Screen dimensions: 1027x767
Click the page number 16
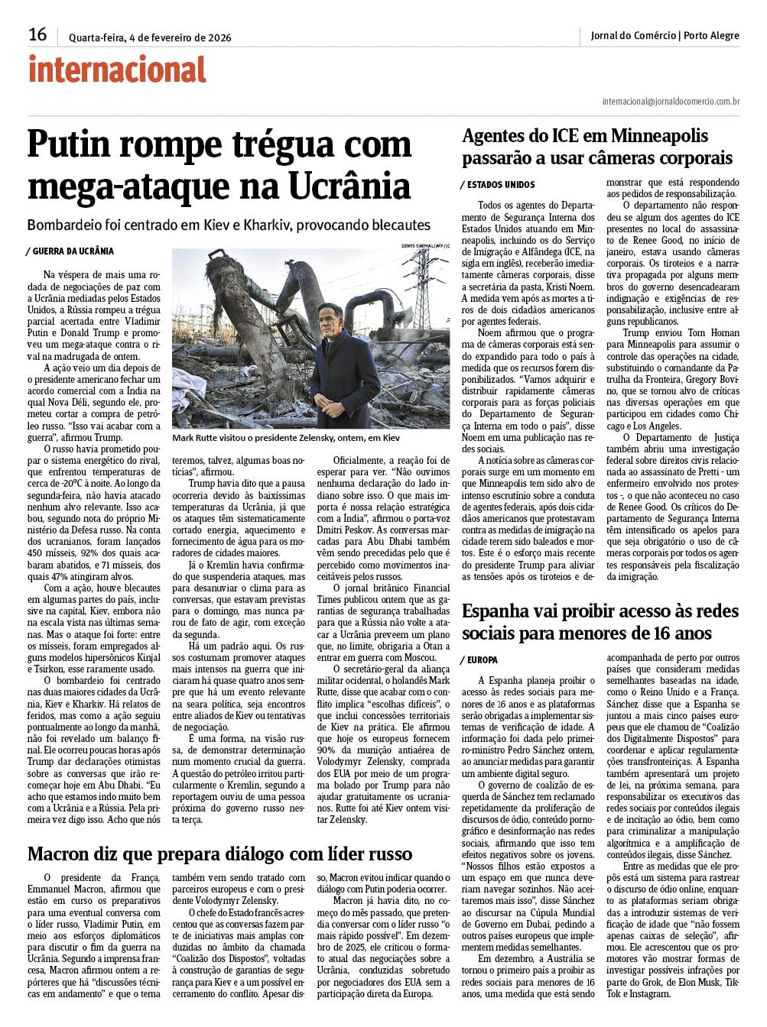37,34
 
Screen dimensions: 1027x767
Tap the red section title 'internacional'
117,70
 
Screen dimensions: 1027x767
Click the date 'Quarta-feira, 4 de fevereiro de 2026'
150,37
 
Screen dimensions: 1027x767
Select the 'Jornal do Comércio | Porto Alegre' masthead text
665,35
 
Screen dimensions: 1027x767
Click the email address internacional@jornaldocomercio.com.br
671,101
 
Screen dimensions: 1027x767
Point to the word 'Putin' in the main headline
75,145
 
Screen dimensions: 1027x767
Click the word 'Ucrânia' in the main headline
348,186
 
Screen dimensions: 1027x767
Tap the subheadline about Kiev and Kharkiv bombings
229,225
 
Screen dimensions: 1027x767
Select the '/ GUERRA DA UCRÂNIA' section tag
70,251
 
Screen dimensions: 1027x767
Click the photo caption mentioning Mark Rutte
286,439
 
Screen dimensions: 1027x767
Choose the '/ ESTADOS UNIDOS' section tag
498,185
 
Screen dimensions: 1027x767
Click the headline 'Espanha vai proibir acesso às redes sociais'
600,622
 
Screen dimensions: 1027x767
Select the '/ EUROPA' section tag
480,659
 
